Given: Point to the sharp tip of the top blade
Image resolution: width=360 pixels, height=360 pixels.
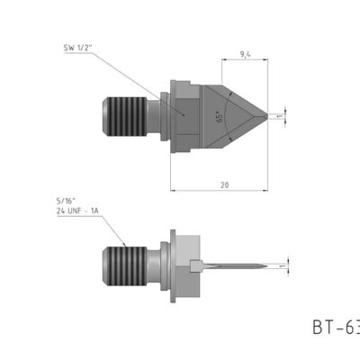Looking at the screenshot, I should click(268, 115).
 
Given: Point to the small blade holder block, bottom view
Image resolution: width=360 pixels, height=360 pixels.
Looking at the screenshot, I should click(197, 265).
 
